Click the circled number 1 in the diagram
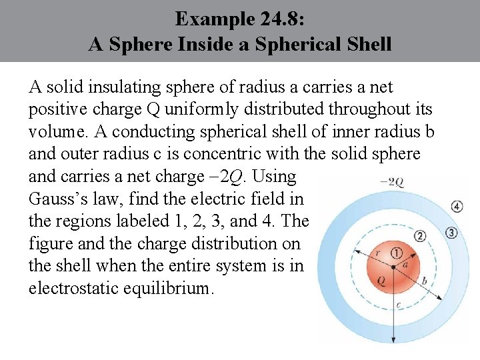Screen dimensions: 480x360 point(397,253)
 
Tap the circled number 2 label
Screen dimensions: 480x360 point(419,236)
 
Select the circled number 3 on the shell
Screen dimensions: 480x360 point(451,233)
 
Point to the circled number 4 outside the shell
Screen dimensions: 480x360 point(457,206)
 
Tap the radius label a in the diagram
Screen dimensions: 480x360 point(405,265)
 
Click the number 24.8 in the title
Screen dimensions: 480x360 point(280,19)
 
